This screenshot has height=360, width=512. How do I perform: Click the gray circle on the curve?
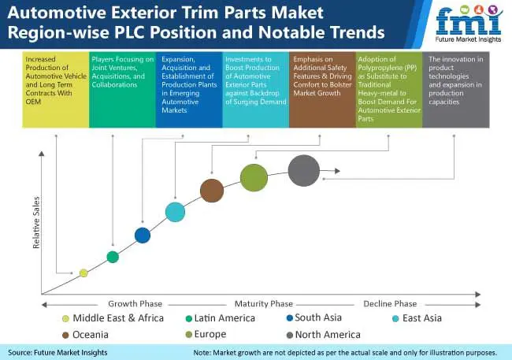pos(304,170)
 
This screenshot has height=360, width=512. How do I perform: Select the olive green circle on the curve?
pos(254,177)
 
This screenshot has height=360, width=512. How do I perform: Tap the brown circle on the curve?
pos(212,191)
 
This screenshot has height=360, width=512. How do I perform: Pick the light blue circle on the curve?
pos(176,212)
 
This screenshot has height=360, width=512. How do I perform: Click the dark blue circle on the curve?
pos(143,236)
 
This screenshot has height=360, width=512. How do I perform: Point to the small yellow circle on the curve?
pos(83,273)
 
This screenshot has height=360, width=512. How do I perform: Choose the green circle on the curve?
pos(113,257)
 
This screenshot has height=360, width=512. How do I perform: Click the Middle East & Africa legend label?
pos(118,318)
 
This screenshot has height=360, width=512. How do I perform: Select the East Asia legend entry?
pos(417,318)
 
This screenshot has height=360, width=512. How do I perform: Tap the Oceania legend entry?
pos(85,335)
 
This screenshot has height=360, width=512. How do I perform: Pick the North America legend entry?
pos(323,335)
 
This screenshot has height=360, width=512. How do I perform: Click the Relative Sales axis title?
pos(36,222)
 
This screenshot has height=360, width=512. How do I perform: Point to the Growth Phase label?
pos(135,304)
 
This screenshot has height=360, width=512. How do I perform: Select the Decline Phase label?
pos(390,304)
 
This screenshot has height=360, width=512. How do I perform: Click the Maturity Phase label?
pos(264,304)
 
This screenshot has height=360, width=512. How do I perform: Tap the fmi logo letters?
pos(469,21)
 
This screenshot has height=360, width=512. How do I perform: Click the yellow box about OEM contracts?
pos(56,90)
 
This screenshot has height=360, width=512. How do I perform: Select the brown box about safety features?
pos(322,90)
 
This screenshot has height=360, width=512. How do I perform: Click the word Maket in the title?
pos(297,13)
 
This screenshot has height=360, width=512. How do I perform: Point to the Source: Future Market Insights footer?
pos(58,352)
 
